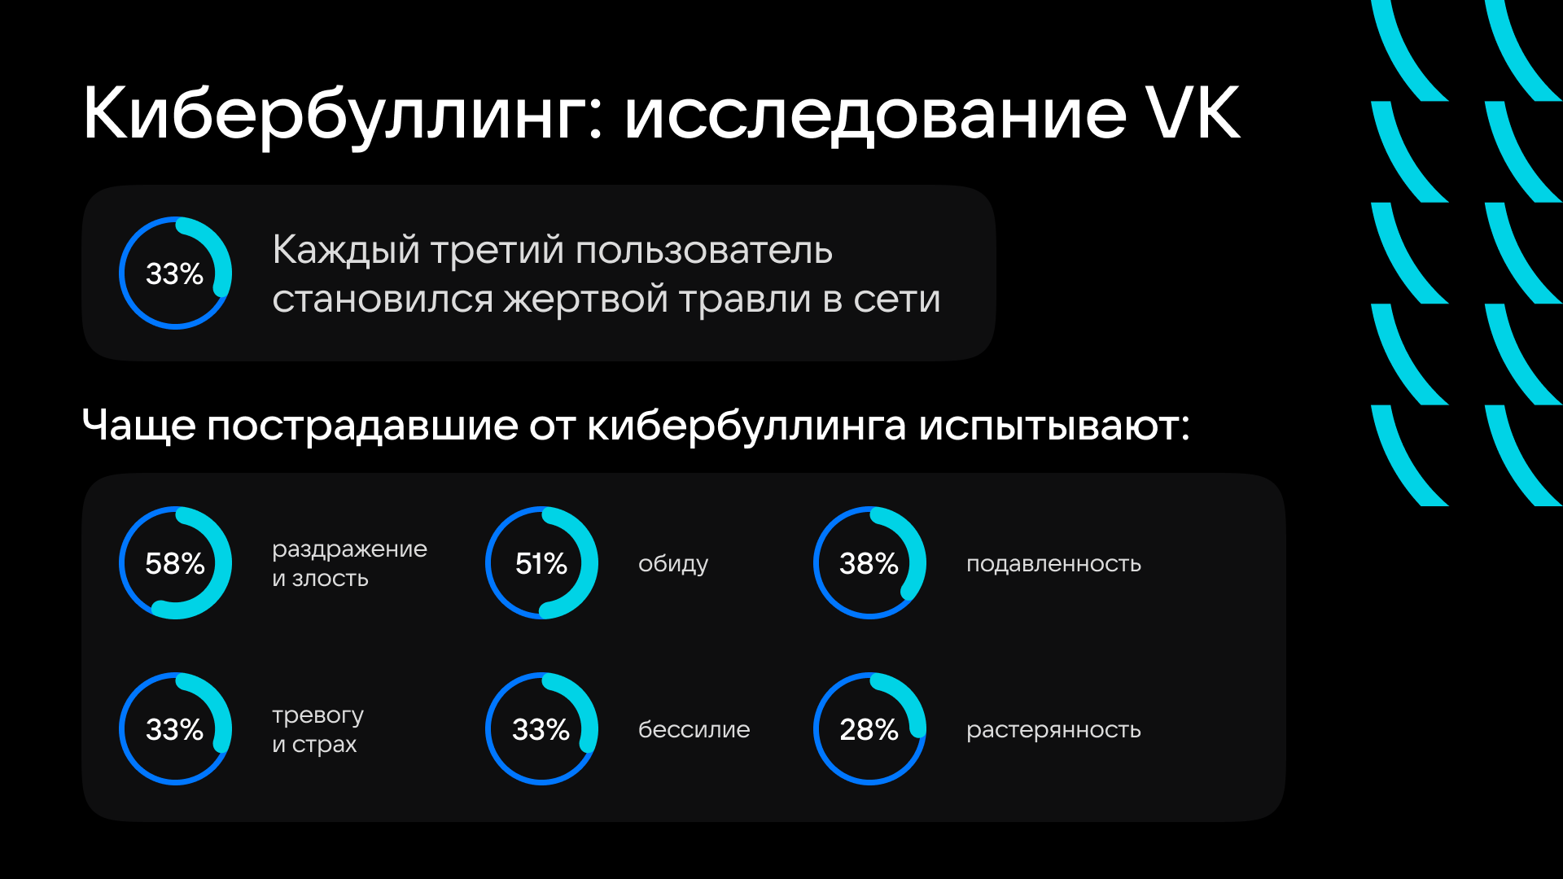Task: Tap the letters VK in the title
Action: click(1193, 113)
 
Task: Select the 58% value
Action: click(175, 563)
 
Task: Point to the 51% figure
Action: click(541, 563)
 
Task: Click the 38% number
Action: click(869, 563)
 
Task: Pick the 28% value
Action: click(869, 729)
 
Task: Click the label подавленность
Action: click(1053, 564)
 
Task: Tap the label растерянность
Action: click(1053, 730)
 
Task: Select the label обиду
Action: click(673, 564)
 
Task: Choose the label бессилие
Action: click(694, 729)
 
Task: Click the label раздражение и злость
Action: click(349, 564)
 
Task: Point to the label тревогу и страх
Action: click(318, 730)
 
